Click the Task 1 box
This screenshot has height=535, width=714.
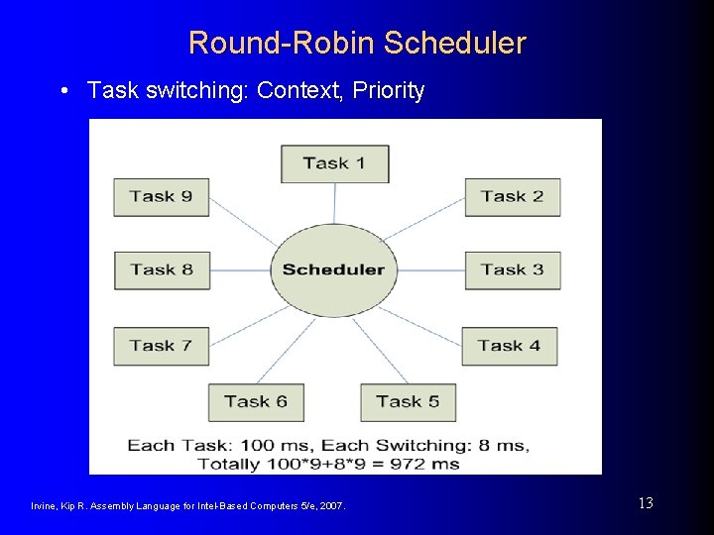point(334,163)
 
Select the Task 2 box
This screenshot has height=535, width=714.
point(512,196)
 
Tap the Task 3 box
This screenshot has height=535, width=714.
point(512,269)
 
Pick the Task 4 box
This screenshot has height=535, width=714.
point(509,346)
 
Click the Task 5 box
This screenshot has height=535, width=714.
point(407,401)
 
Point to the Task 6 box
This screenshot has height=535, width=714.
point(255,401)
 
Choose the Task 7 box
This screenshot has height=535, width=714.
point(161,346)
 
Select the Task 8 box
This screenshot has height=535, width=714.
point(161,269)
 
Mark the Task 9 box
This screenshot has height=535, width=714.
point(161,196)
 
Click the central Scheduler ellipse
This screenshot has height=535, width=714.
point(333,269)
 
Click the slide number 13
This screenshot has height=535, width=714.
point(646,503)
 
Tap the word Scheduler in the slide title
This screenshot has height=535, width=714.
point(454,44)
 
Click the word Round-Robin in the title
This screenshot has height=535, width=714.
point(282,44)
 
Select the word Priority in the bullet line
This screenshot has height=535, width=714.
point(390,91)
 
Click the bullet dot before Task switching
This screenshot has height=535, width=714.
point(64,91)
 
